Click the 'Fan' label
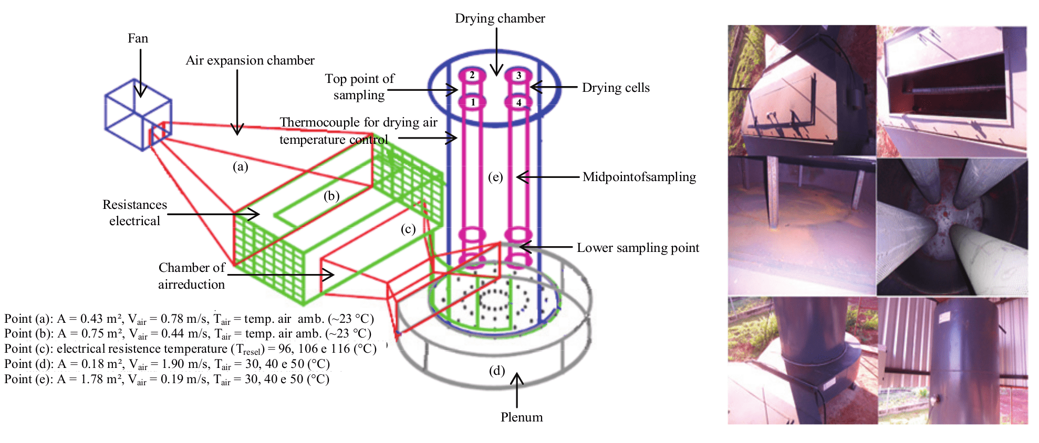pyautogui.click(x=138, y=38)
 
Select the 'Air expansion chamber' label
pyautogui.click(x=250, y=60)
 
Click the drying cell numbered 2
pyautogui.click(x=472, y=75)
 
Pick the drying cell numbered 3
pyautogui.click(x=518, y=76)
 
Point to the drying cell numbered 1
pyautogui.click(x=473, y=102)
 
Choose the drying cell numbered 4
pyautogui.click(x=519, y=102)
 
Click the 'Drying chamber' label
pyautogui.click(x=500, y=18)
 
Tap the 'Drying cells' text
pyautogui.click(x=616, y=88)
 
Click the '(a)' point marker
pyautogui.click(x=241, y=166)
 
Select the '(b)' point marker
pyautogui.click(x=331, y=196)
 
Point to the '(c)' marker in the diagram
pyautogui.click(x=408, y=229)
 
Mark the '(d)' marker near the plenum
pyautogui.click(x=497, y=371)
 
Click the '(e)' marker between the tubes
pyautogui.click(x=495, y=177)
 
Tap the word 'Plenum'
pyautogui.click(x=522, y=417)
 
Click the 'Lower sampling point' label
pyautogui.click(x=638, y=248)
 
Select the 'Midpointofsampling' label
pyautogui.click(x=639, y=177)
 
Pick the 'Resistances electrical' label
pyautogui.click(x=134, y=213)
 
